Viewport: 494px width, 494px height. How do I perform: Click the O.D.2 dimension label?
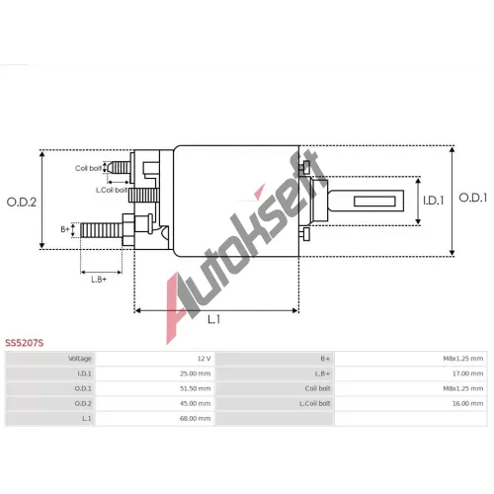pyautogui.click(x=22, y=202)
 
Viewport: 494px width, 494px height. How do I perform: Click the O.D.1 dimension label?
pyautogui.click(x=473, y=198)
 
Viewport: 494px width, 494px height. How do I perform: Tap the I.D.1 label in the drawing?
pyautogui.click(x=434, y=201)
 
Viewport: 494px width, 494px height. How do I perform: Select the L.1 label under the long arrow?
pyautogui.click(x=213, y=319)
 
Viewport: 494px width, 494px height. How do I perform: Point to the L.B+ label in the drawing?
pyautogui.click(x=99, y=280)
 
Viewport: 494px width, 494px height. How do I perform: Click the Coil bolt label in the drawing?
pyautogui.click(x=89, y=168)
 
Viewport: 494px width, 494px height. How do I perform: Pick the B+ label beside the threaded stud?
pyautogui.click(x=65, y=229)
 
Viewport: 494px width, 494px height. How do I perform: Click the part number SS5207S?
pyautogui.click(x=25, y=343)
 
